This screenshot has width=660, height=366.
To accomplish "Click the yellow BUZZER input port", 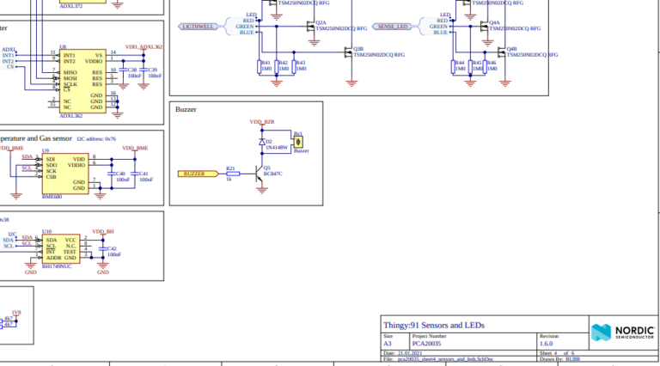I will click(197, 174).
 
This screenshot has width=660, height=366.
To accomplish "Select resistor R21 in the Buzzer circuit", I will click(229, 174).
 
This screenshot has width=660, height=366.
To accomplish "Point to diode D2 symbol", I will click(262, 141).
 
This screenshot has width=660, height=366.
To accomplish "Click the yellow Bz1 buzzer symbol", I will click(298, 142).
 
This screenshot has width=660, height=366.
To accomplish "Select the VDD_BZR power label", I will click(262, 123).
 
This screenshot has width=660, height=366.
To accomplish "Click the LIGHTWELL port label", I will click(198, 27).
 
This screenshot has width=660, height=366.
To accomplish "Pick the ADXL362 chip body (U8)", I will click(82, 80).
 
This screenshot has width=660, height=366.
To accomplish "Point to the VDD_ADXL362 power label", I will click(144, 46).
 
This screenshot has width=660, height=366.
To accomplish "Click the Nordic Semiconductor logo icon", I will click(600, 332).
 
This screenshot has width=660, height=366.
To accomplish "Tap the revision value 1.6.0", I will click(547, 343).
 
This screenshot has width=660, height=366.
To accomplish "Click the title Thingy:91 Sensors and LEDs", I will click(433, 326).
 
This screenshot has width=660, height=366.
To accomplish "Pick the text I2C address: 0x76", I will click(96, 137).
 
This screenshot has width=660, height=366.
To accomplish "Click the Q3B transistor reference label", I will click(357, 49).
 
